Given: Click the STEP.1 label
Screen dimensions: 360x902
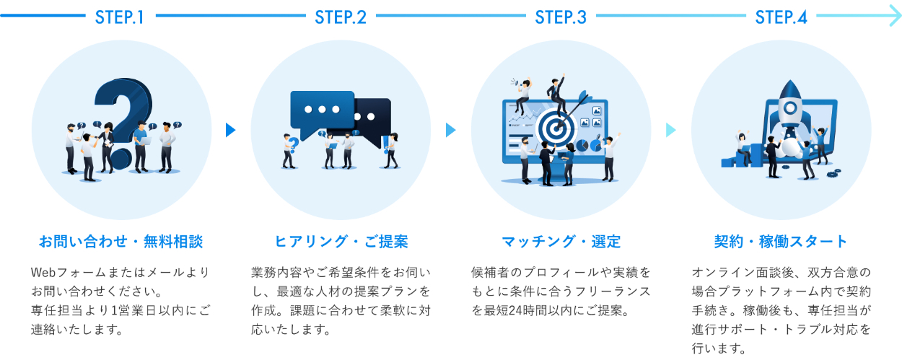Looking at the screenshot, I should (x=120, y=17).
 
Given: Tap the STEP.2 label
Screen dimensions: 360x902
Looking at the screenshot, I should (x=341, y=17).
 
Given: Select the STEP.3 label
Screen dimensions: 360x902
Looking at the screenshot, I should (x=561, y=17).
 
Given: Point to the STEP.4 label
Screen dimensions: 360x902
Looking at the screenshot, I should (x=781, y=17).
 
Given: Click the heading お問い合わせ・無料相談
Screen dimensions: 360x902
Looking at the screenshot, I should (x=120, y=241).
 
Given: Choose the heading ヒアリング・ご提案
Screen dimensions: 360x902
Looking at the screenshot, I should (x=341, y=241).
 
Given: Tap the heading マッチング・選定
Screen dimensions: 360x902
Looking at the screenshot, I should (x=561, y=241).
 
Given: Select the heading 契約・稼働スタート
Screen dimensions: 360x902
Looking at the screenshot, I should (x=781, y=241).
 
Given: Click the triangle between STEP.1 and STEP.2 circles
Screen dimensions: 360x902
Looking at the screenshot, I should (x=230, y=130).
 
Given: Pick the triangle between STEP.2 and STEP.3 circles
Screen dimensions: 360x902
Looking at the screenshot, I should (x=451, y=130).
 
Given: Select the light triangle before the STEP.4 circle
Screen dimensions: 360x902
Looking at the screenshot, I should (x=670, y=130).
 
